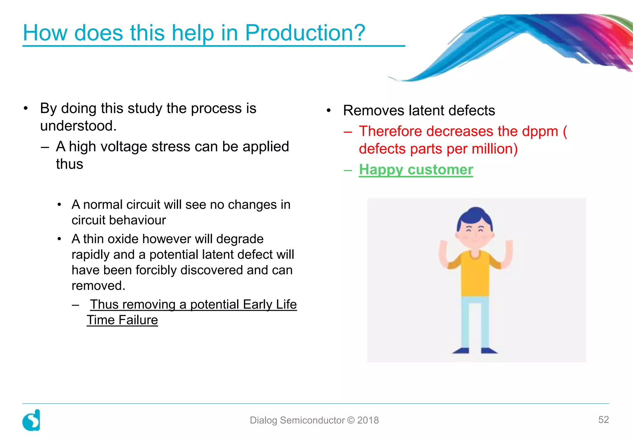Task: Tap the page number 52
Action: (603, 419)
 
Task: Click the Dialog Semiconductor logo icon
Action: (31, 420)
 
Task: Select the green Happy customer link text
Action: (416, 170)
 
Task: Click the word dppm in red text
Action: (540, 132)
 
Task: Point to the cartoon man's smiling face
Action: (475, 235)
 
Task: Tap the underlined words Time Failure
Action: (122, 320)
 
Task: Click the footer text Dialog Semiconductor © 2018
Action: (314, 420)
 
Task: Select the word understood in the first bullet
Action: (78, 126)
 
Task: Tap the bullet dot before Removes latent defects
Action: (329, 111)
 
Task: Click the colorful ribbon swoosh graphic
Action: (525, 40)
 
